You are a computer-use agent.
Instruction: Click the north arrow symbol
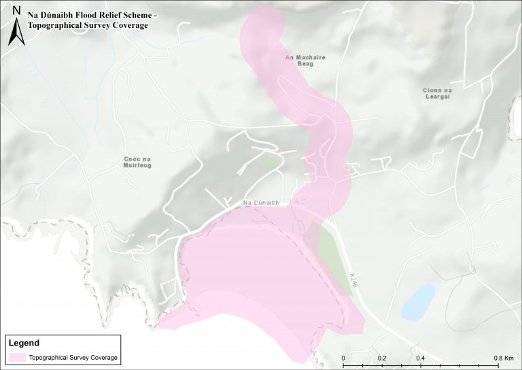15,33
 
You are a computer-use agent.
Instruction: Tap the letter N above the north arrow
15,10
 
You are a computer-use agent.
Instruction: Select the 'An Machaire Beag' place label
305,61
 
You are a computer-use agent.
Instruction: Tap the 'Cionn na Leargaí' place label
436,94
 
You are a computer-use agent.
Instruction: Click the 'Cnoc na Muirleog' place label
137,162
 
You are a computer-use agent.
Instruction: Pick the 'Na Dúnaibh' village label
262,203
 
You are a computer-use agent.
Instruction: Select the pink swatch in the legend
18,357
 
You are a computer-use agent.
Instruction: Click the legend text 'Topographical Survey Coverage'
73,357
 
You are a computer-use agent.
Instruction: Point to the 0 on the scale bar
343,358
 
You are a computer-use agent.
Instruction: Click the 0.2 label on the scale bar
382,358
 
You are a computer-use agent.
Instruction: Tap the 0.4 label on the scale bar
421,358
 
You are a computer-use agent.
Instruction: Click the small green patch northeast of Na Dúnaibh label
271,163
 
